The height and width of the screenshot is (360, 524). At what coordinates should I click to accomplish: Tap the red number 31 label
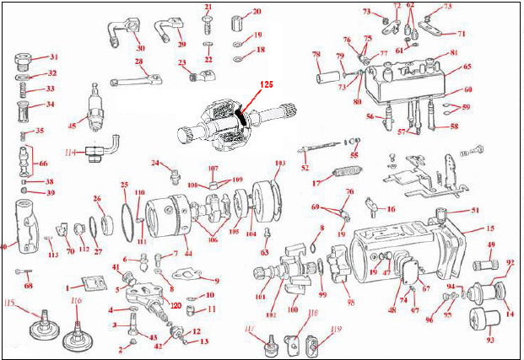coord(53,57)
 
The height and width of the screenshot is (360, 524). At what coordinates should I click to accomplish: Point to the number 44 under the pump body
coord(187,254)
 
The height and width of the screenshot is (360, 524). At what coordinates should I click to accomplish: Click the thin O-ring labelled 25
coord(127,214)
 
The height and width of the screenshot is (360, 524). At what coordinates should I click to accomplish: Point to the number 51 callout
coord(474,212)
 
